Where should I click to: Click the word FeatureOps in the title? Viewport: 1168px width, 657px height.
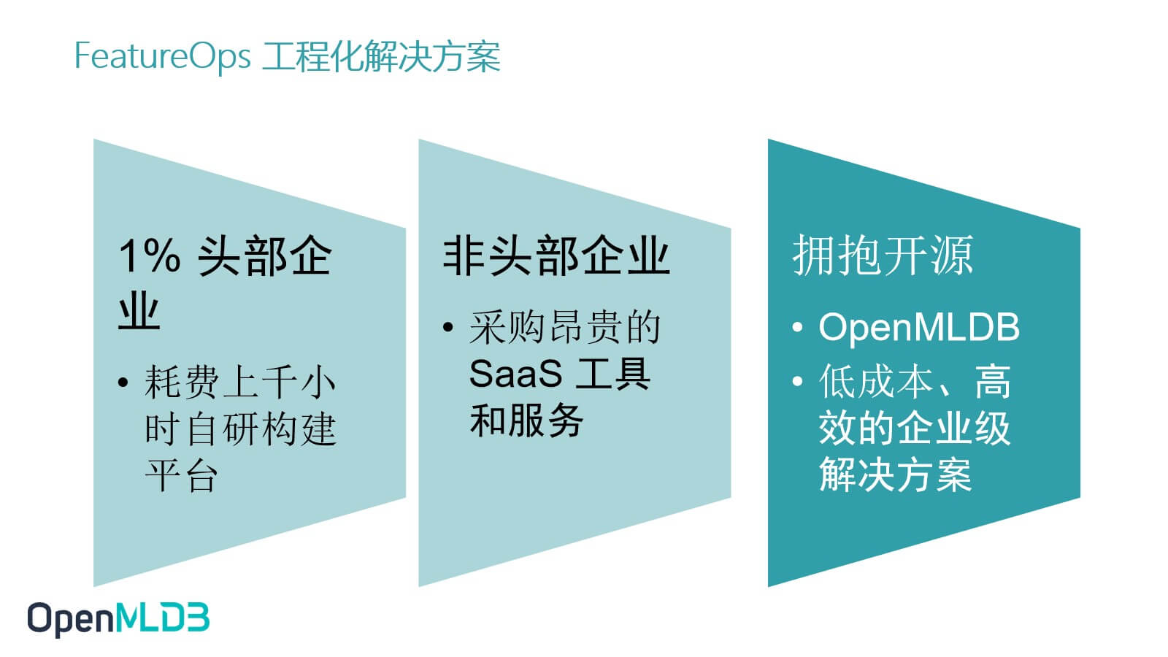click(162, 57)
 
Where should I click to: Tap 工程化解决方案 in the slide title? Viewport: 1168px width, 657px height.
click(381, 56)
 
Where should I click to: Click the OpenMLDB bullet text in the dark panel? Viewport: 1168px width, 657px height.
click(919, 328)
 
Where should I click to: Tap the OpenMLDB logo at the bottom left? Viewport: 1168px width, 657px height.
click(118, 619)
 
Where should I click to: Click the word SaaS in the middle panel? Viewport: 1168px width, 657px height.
click(515, 373)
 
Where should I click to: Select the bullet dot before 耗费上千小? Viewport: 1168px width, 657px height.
click(123, 383)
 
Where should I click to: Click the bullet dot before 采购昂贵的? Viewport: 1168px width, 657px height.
click(448, 328)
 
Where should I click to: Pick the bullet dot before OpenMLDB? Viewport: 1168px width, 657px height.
click(797, 328)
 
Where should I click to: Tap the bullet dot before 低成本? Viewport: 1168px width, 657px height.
click(797, 380)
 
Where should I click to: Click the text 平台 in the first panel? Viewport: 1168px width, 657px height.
click(181, 475)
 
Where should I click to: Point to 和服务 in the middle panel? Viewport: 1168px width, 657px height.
click(526, 420)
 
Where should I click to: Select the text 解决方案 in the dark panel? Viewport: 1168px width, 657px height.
click(895, 474)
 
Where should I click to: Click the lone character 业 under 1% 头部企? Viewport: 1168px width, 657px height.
click(139, 311)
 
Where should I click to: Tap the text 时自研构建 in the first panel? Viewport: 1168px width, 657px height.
click(240, 429)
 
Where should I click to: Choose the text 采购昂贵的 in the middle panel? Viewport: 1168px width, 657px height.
click(565, 328)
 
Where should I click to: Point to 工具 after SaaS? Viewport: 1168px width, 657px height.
click(612, 373)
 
